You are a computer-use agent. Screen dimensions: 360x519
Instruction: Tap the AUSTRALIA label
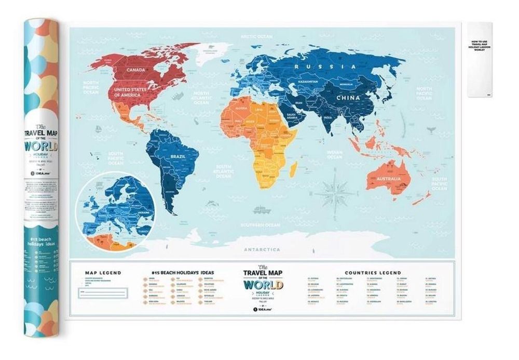pos(385,179)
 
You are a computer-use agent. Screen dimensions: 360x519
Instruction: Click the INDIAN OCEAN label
pos(334,154)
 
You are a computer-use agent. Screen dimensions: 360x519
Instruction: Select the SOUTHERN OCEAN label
pos(259,225)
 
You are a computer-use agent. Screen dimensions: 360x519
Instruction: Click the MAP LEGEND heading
pos(103,272)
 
